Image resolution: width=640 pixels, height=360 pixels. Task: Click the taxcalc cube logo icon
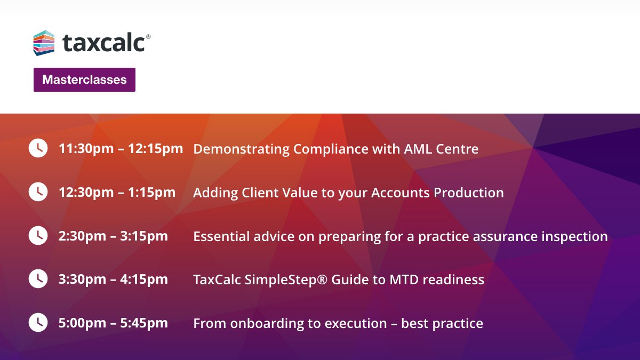(44, 43)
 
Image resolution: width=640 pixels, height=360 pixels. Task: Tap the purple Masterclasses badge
(84, 80)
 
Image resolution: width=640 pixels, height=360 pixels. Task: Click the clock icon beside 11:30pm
(38, 148)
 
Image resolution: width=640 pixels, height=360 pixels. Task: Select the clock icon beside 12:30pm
(38, 192)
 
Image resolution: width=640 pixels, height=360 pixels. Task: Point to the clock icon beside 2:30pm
(38, 235)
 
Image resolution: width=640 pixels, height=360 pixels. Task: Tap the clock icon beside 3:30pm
(38, 278)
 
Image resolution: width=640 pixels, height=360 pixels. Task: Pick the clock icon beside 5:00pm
(38, 322)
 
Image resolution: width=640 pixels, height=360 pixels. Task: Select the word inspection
(573, 236)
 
